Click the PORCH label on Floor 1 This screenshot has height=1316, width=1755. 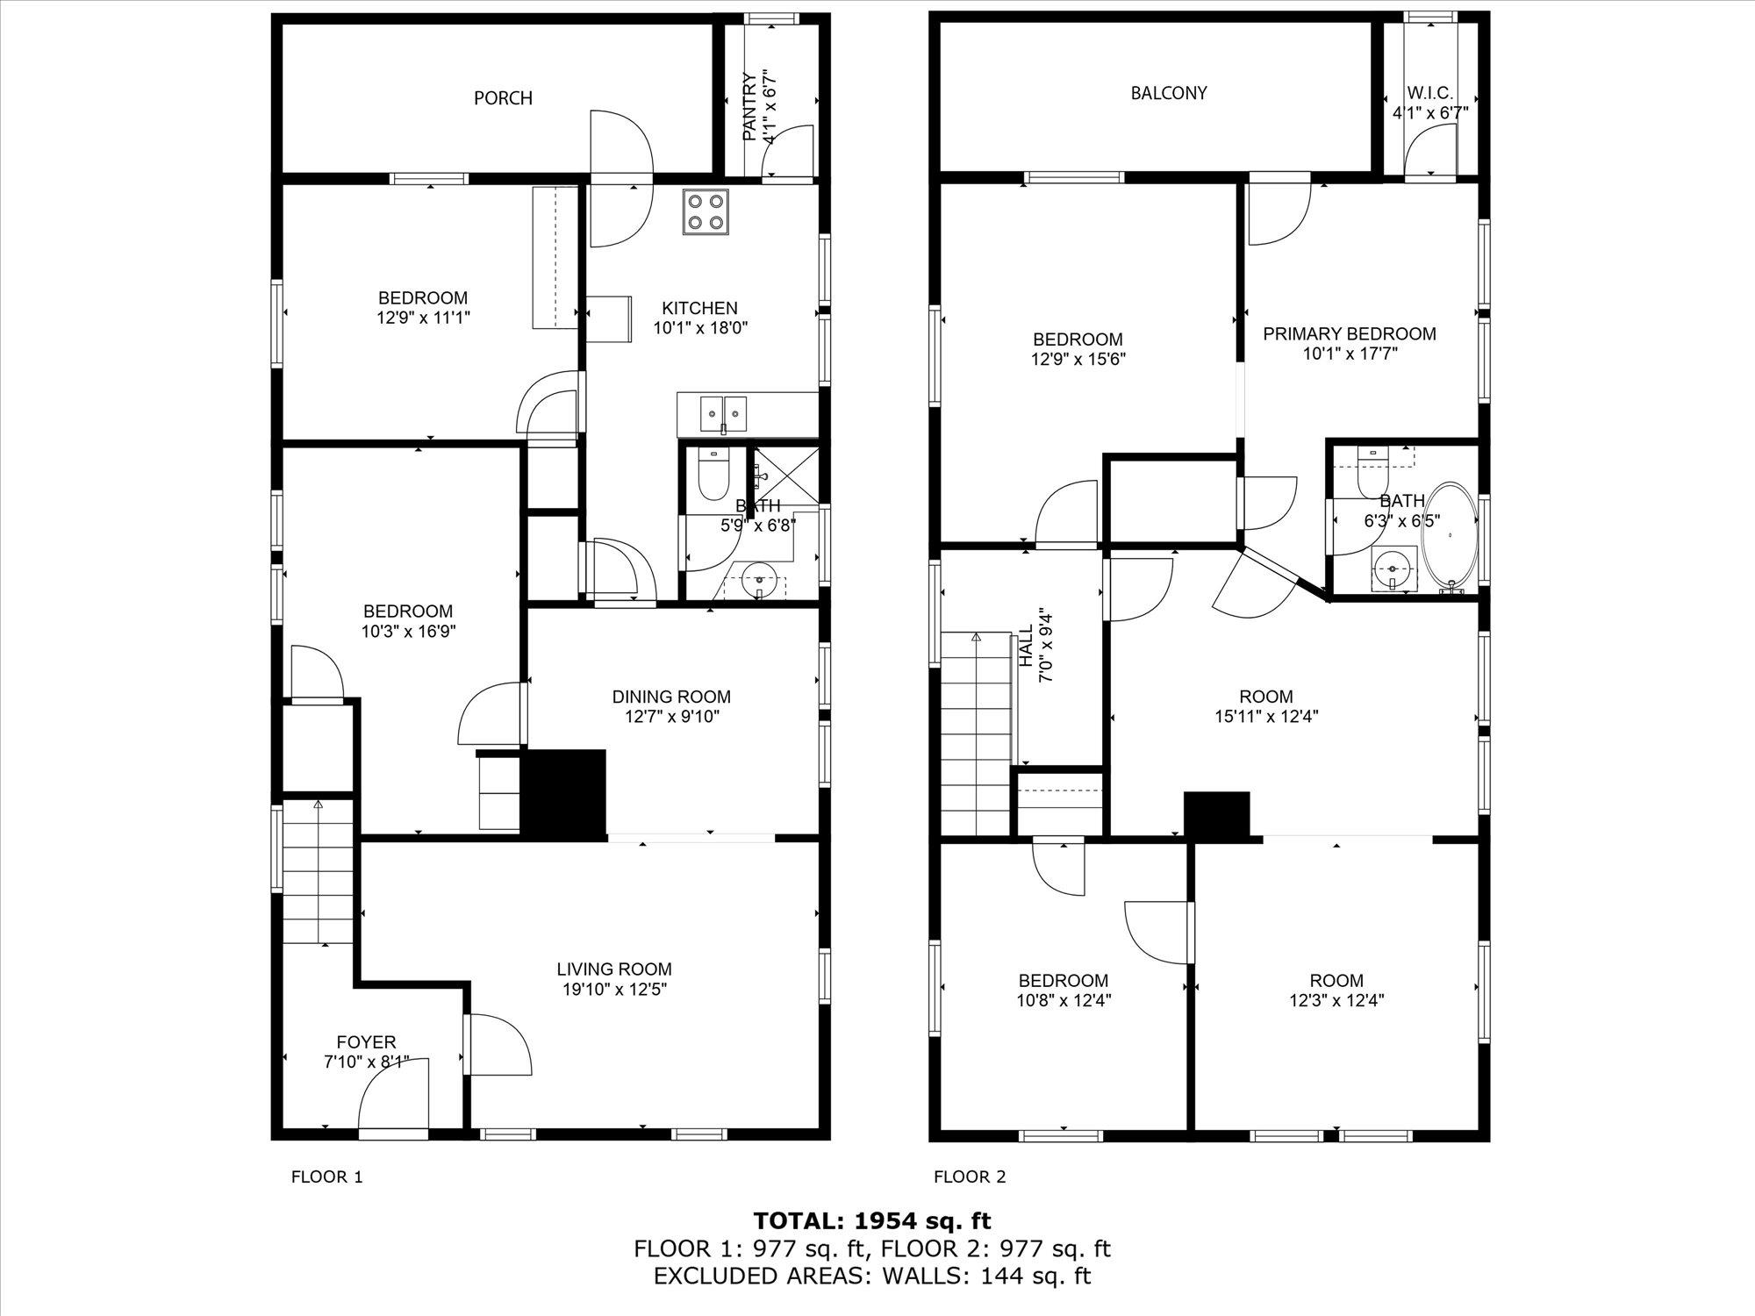pyautogui.click(x=503, y=98)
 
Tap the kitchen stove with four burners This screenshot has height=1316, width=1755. pyautogui.click(x=706, y=212)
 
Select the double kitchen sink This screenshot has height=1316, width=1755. pyautogui.click(x=724, y=412)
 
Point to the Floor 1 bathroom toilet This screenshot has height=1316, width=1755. pyautogui.click(x=707, y=475)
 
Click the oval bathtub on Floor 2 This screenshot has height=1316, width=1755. pyautogui.click(x=1450, y=537)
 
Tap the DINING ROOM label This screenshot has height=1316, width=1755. pyautogui.click(x=671, y=697)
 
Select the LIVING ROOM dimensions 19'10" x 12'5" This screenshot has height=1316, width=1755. pyautogui.click(x=614, y=990)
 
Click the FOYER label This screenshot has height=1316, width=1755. pyautogui.click(x=366, y=1042)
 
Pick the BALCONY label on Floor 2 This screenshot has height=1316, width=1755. pyautogui.click(x=1169, y=93)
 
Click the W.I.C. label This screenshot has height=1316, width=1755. pyautogui.click(x=1430, y=93)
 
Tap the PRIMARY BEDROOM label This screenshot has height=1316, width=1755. pyautogui.click(x=1350, y=334)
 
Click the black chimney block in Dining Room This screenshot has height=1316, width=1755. pyautogui.click(x=564, y=791)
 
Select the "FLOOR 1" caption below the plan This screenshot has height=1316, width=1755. pyautogui.click(x=326, y=1177)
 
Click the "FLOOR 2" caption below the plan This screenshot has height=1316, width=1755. pyautogui.click(x=970, y=1177)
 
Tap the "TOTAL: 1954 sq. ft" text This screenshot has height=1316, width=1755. pyautogui.click(x=872, y=1220)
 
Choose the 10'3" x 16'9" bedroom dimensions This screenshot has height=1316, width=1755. pyautogui.click(x=408, y=631)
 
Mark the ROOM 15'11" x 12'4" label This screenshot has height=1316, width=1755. pyautogui.click(x=1266, y=706)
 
